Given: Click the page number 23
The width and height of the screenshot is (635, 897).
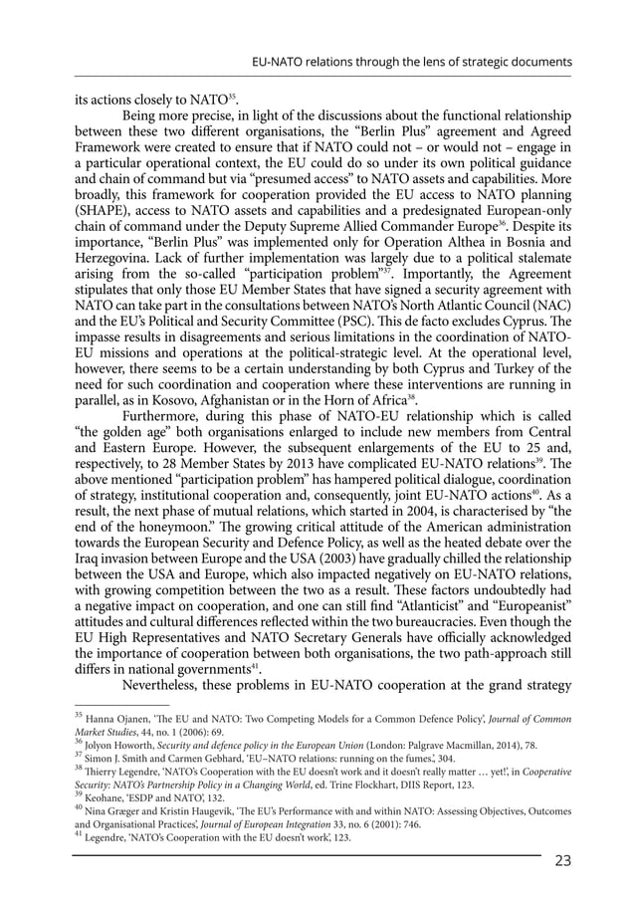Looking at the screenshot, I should (x=562, y=861).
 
